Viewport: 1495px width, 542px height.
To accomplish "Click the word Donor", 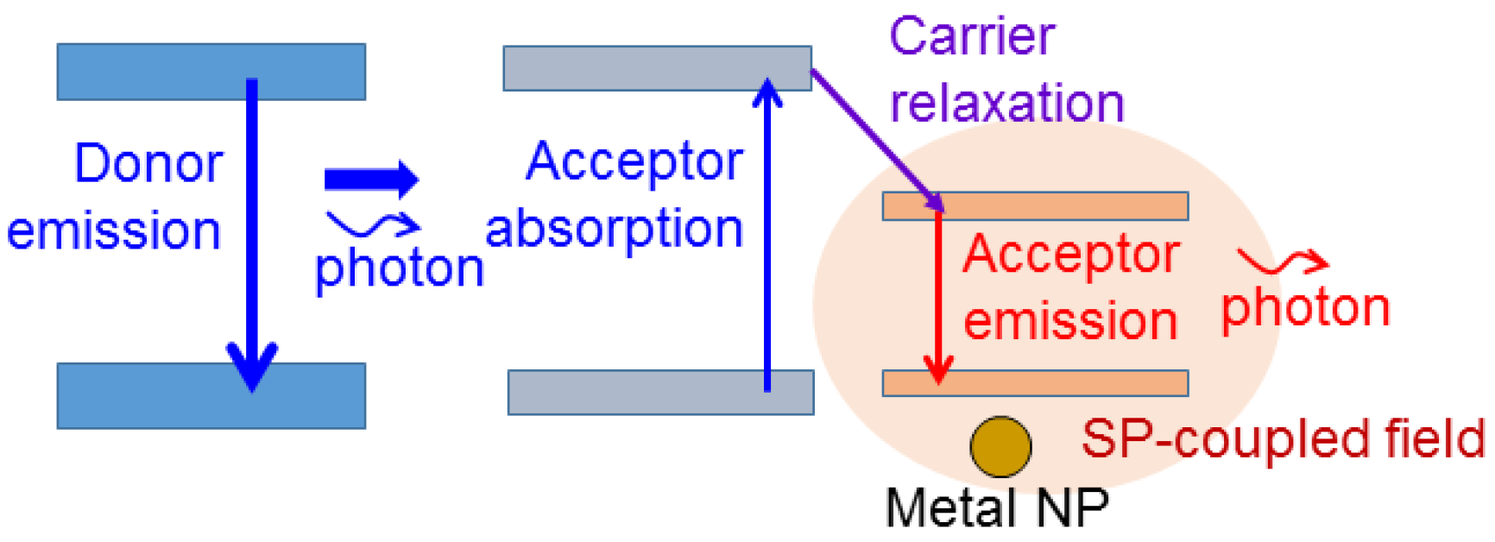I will [x=148, y=163].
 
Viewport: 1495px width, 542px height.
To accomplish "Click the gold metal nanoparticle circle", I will [x=1000, y=447].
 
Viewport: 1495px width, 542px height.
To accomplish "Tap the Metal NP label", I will [x=997, y=507].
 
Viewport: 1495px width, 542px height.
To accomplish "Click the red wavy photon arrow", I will [x=1283, y=261].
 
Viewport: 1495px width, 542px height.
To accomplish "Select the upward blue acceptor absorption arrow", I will [x=767, y=233].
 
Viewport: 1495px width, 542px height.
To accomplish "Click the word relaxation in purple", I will [x=1006, y=104].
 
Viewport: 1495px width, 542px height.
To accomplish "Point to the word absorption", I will [x=614, y=230].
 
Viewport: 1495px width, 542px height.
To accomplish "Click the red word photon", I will [x=1305, y=309].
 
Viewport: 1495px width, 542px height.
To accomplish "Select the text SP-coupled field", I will [x=1283, y=439].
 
